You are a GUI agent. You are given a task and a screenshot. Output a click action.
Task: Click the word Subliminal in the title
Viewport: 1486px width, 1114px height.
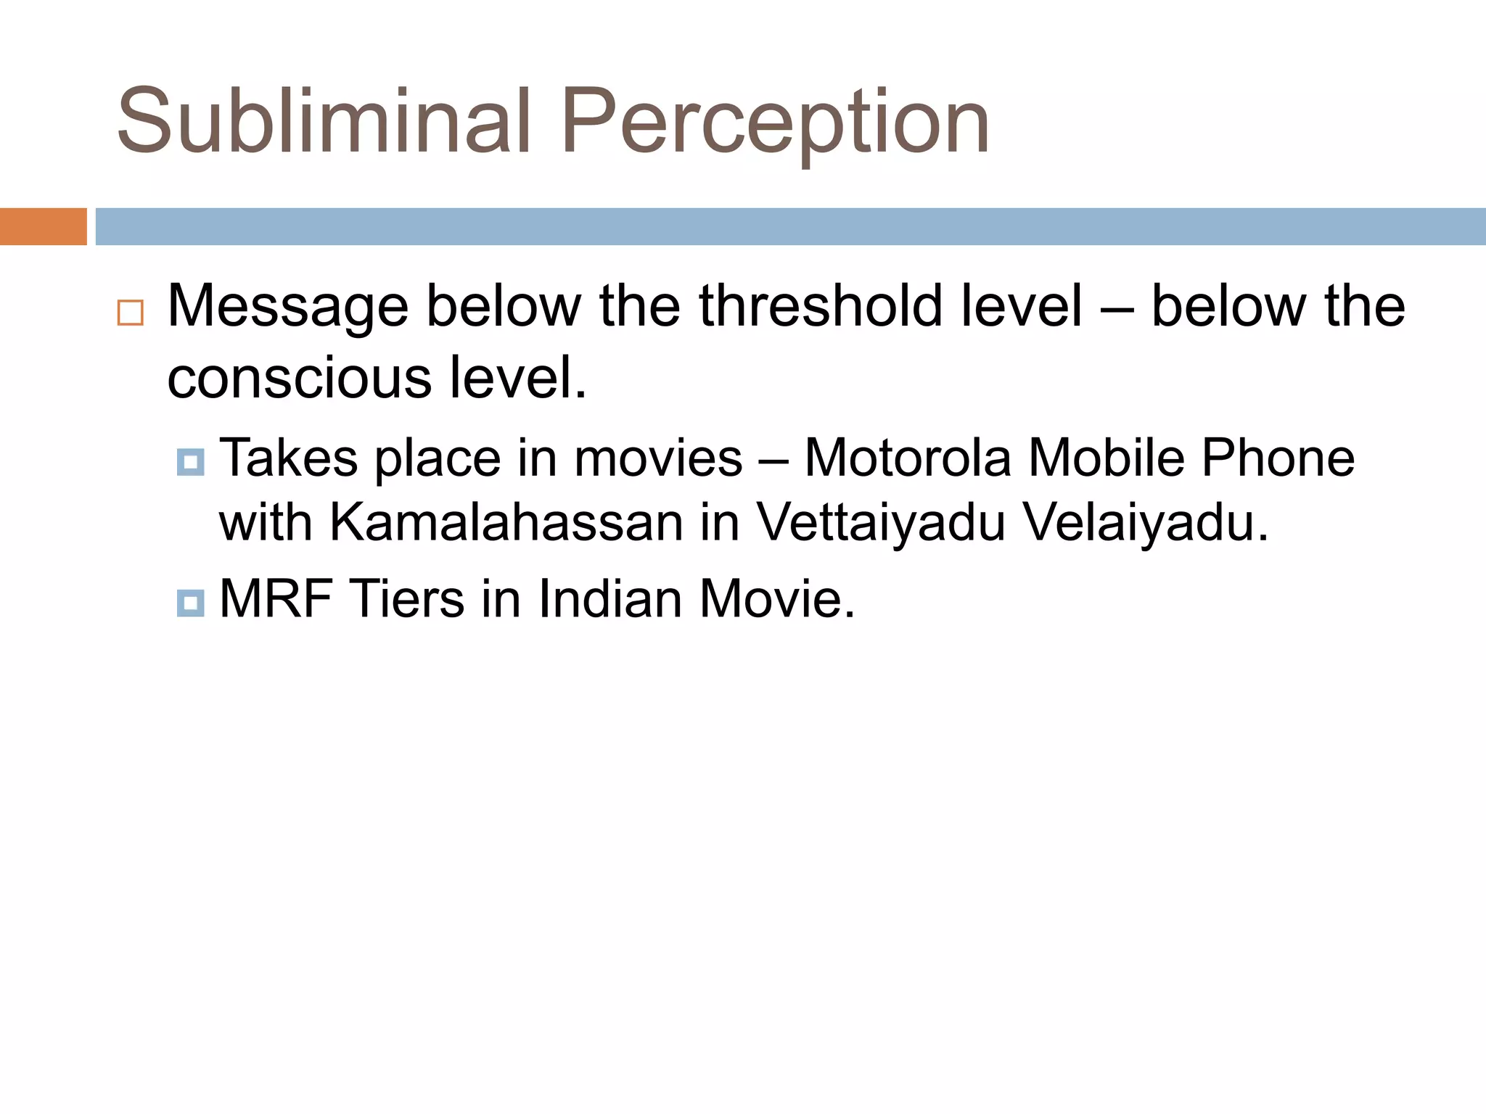324,121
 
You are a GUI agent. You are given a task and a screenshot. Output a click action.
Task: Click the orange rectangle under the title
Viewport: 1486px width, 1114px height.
43,226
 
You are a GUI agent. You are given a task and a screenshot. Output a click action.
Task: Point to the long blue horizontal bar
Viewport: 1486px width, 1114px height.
790,226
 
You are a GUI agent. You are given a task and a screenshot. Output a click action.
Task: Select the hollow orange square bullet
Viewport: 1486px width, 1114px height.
131,313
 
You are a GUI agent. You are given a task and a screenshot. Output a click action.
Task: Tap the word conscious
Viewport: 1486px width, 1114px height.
299,378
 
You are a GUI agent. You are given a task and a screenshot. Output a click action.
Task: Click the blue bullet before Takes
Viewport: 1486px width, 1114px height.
190,461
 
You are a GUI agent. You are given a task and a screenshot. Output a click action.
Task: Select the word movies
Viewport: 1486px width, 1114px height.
658,458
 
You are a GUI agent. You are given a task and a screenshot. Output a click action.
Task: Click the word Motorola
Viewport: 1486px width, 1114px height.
908,458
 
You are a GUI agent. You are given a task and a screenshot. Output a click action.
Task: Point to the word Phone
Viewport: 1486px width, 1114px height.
1278,458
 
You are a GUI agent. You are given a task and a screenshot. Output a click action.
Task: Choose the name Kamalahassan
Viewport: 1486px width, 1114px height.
506,521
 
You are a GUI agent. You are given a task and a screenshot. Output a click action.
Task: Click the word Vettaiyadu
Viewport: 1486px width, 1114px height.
880,521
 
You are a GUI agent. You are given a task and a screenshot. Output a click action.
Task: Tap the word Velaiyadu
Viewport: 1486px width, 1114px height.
1146,521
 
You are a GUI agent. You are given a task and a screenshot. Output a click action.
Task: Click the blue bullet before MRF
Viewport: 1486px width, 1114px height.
190,602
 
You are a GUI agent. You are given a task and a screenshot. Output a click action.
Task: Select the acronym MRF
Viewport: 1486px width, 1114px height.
276,599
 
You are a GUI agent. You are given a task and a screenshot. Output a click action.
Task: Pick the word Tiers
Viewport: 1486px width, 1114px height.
407,599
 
